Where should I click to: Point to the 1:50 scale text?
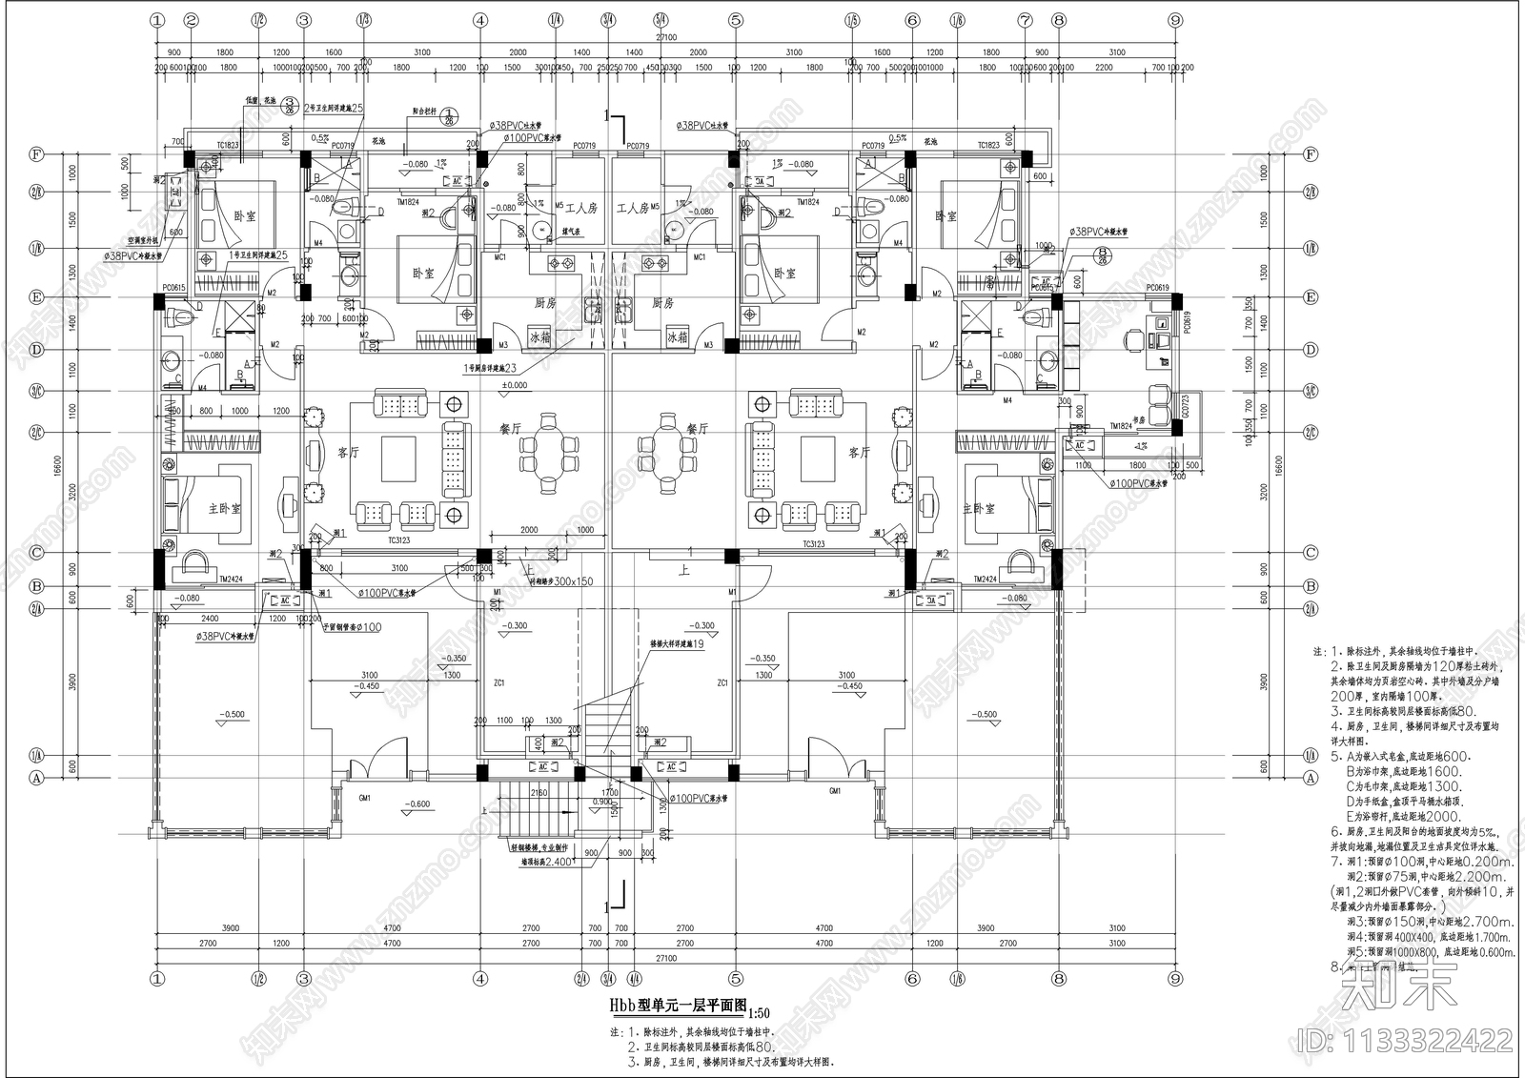[762, 1013]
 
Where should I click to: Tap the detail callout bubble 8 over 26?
[1103, 254]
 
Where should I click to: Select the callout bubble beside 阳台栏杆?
[452, 115]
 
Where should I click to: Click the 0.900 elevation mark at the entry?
[602, 803]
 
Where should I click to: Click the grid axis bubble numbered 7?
[1025, 19]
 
